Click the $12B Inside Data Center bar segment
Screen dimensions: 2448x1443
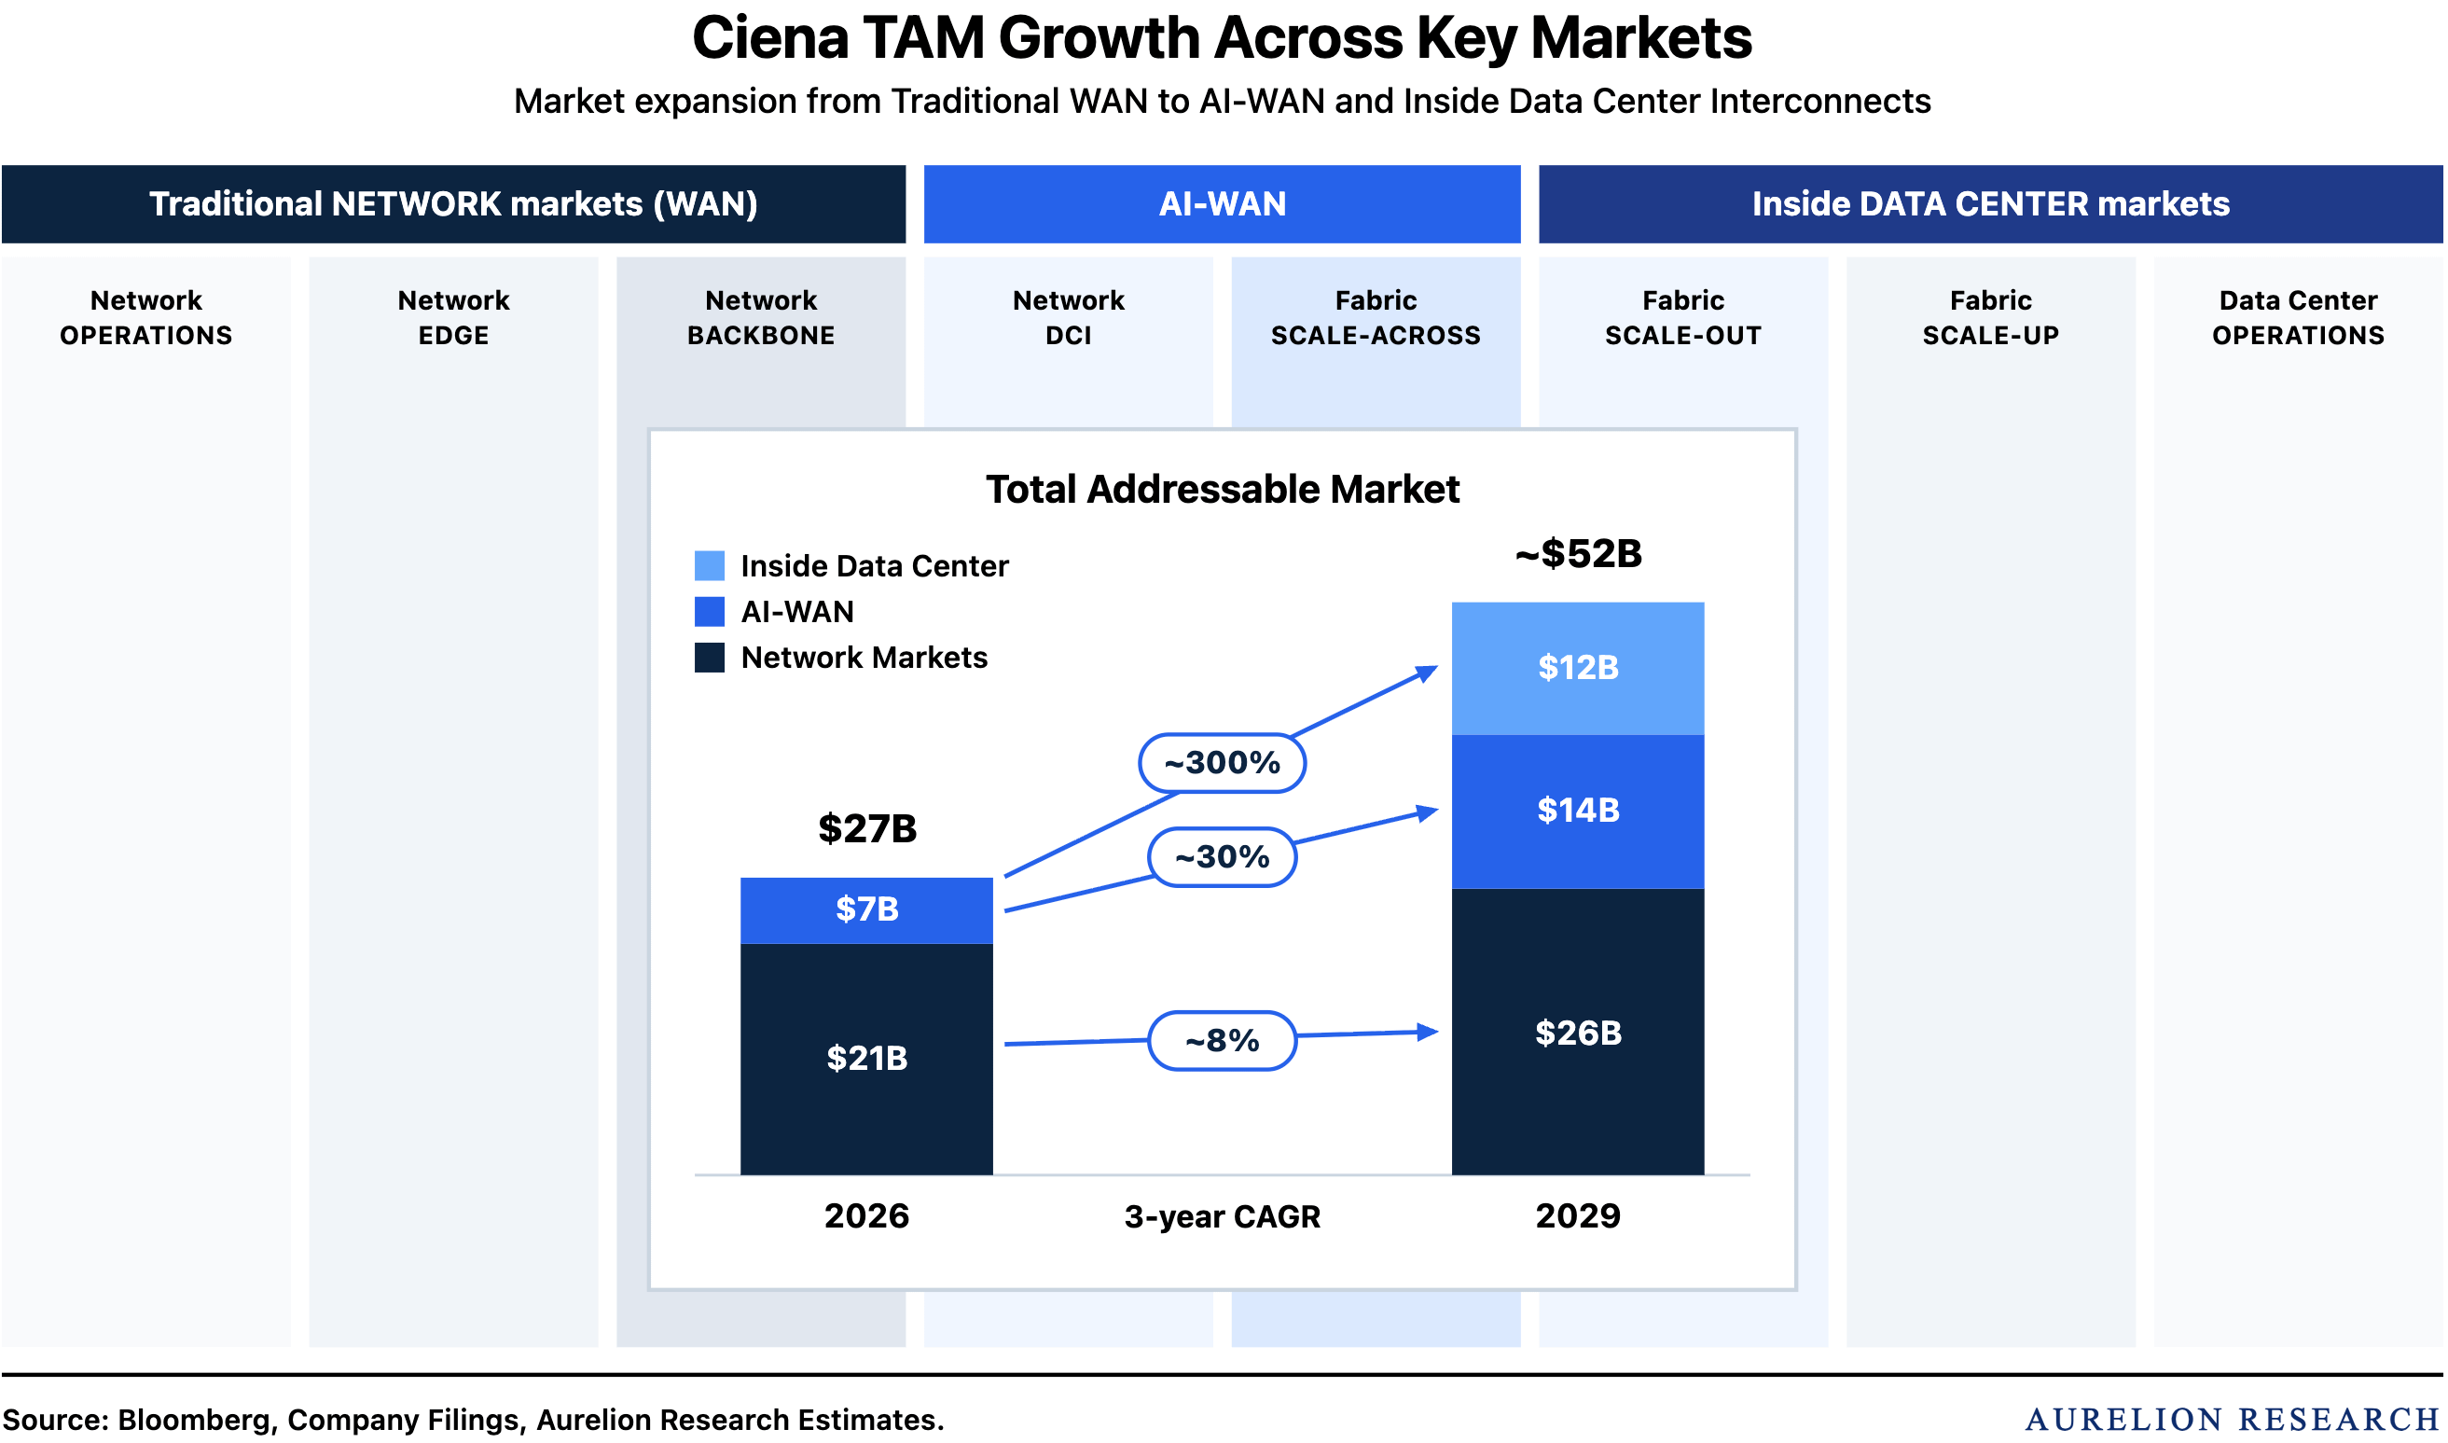[1579, 669]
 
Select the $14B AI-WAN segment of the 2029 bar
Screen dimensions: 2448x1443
[1579, 812]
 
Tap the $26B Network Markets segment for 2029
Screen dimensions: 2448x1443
[1579, 1033]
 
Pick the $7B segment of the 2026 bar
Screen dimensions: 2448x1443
[867, 911]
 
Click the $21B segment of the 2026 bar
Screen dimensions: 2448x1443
[867, 1060]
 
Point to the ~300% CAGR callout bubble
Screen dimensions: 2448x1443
[1223, 763]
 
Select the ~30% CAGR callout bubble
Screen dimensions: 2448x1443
[1223, 857]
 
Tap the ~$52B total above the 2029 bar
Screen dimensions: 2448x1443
[1579, 554]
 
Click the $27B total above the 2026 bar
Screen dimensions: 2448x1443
[867, 829]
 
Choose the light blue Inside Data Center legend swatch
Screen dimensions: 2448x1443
[710, 566]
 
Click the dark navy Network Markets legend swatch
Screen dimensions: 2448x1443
[710, 659]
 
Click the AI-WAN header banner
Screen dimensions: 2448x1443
[1223, 204]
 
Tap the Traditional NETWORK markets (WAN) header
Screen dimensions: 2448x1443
[454, 204]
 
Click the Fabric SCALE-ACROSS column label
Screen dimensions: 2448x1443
[1376, 318]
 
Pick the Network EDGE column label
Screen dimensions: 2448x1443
[454, 318]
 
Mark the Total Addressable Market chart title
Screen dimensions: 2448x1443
[1223, 490]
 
